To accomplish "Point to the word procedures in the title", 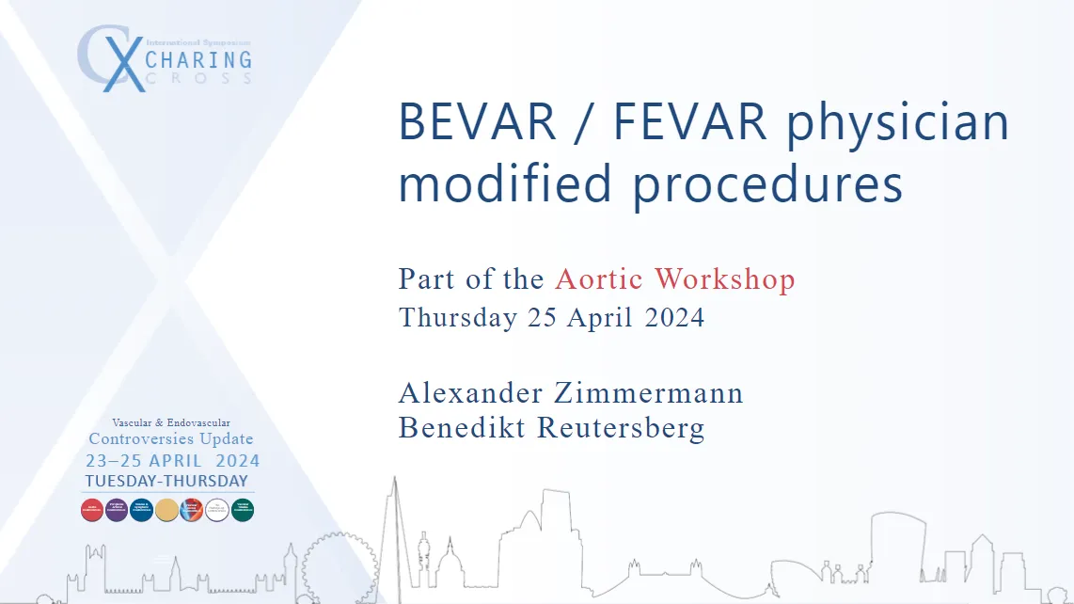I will click(767, 183).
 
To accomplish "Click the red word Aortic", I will click(600, 279).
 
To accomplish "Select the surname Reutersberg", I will click(621, 427).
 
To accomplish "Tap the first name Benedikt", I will click(463, 427).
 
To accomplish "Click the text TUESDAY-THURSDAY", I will click(166, 481).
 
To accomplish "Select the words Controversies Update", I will click(170, 439).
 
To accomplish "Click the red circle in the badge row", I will click(92, 509).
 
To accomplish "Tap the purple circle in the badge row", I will click(117, 509).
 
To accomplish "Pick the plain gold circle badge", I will click(166, 509).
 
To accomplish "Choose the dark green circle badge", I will click(243, 509).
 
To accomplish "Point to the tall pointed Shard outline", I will click(395, 536).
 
